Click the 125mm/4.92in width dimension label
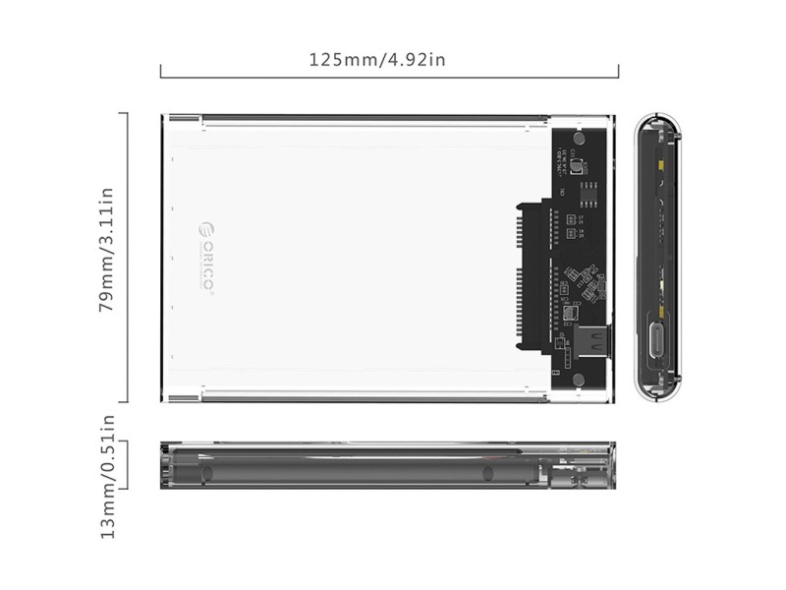[x=377, y=58]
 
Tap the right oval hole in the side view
[x=487, y=473]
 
